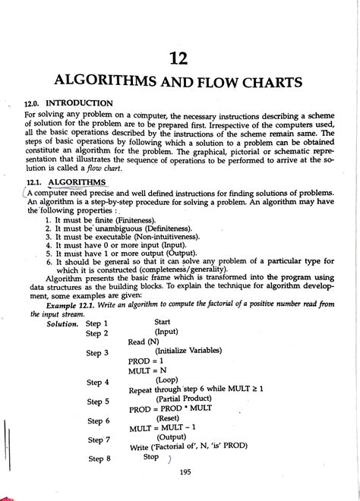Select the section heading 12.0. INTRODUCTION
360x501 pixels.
click(x=69, y=102)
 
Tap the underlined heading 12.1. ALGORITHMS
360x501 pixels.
click(x=66, y=183)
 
